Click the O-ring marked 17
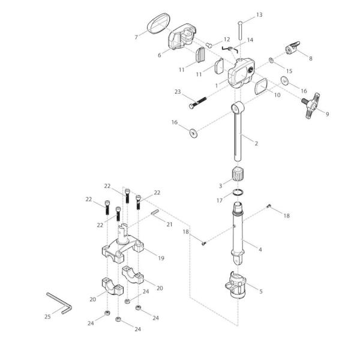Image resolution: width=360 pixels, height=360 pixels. [x=239, y=193]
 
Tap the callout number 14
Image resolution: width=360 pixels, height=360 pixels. [x=250, y=40]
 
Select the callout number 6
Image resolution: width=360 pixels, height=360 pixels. [x=160, y=55]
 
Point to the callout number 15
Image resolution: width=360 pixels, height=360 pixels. [x=289, y=71]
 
